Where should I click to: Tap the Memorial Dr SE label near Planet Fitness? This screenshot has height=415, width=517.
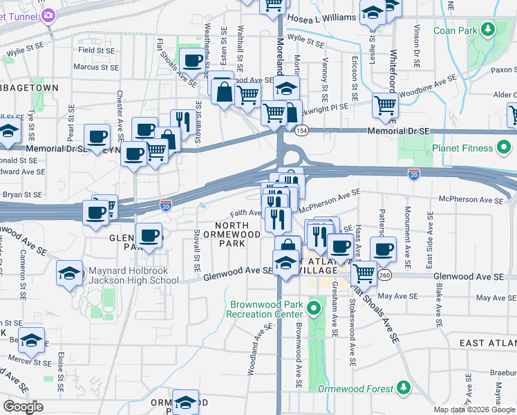[400, 130]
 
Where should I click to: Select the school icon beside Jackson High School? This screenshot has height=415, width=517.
[70, 273]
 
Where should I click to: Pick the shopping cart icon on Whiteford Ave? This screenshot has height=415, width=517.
[385, 105]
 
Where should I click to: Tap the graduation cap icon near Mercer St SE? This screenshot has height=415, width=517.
[31, 340]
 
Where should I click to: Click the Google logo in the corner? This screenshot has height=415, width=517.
[23, 407]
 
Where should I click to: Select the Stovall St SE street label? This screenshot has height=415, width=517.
[198, 249]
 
